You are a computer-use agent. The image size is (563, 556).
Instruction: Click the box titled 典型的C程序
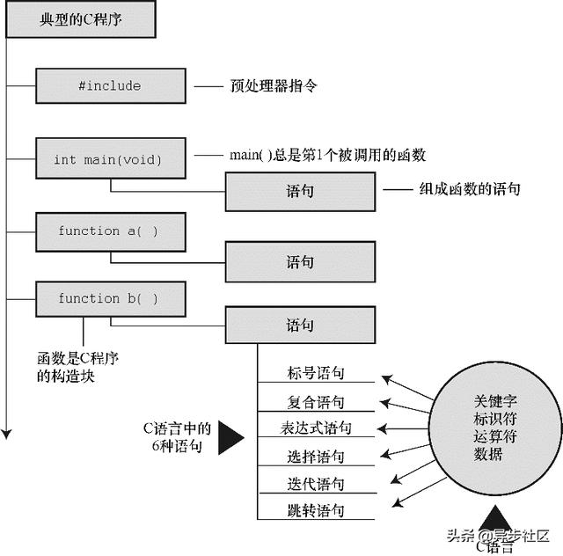tap(81, 19)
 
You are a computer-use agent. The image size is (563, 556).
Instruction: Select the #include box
tap(111, 86)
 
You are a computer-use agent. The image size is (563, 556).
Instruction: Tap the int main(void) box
tap(111, 158)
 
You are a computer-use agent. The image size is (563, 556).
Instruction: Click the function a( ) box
tap(111, 232)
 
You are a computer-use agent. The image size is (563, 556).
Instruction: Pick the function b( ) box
tap(111, 299)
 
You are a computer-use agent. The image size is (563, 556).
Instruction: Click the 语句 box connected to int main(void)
tap(300, 192)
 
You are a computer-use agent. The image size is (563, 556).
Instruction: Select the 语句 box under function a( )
tap(300, 262)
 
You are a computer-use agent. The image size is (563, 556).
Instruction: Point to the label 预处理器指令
tap(274, 86)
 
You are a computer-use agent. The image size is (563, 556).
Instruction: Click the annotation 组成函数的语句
tap(470, 189)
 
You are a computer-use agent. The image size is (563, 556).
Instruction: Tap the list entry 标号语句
tap(316, 373)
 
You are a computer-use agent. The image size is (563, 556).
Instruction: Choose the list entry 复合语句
tap(316, 402)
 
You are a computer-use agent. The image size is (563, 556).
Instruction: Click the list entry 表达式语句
tap(316, 428)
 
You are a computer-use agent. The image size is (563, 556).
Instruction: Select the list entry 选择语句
tap(316, 457)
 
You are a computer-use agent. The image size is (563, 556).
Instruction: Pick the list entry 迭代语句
tap(316, 484)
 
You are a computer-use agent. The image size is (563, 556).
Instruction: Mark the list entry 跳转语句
tap(316, 510)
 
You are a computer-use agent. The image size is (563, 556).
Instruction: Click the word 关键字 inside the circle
tap(495, 401)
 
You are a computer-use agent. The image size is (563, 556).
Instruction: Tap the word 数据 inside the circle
tap(488, 454)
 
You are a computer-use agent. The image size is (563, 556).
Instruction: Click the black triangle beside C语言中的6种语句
tap(230, 438)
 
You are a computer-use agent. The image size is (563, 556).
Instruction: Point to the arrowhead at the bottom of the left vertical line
tap(6, 434)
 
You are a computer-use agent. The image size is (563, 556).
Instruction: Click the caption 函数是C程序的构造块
tap(77, 367)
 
